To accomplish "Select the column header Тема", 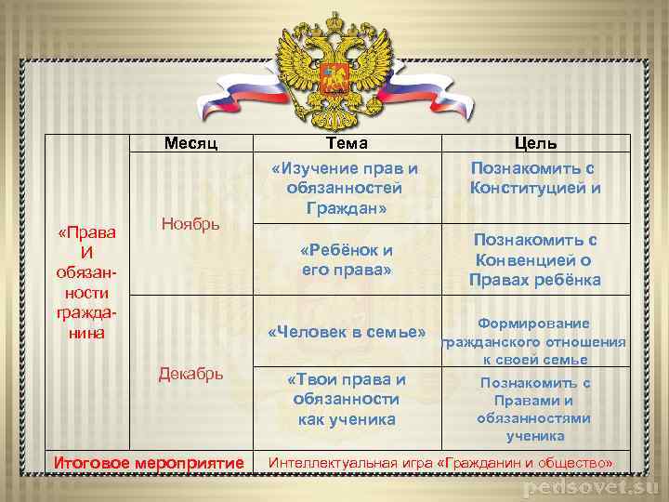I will [x=347, y=143].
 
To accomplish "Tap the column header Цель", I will [x=536, y=143].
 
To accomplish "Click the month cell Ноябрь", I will [x=190, y=224].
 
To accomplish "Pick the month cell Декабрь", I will [x=190, y=374].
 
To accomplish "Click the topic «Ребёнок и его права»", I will [x=347, y=259].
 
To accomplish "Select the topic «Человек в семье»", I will [x=347, y=332].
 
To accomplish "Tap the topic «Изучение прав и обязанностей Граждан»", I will [x=345, y=188].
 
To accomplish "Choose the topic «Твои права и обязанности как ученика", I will [x=346, y=399].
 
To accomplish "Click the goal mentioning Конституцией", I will [x=535, y=178].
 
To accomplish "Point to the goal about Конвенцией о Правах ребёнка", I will [x=535, y=259].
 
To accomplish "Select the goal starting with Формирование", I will [x=533, y=341].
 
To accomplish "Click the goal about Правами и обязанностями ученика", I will [x=535, y=408].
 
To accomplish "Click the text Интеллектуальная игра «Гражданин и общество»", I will [x=440, y=462].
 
